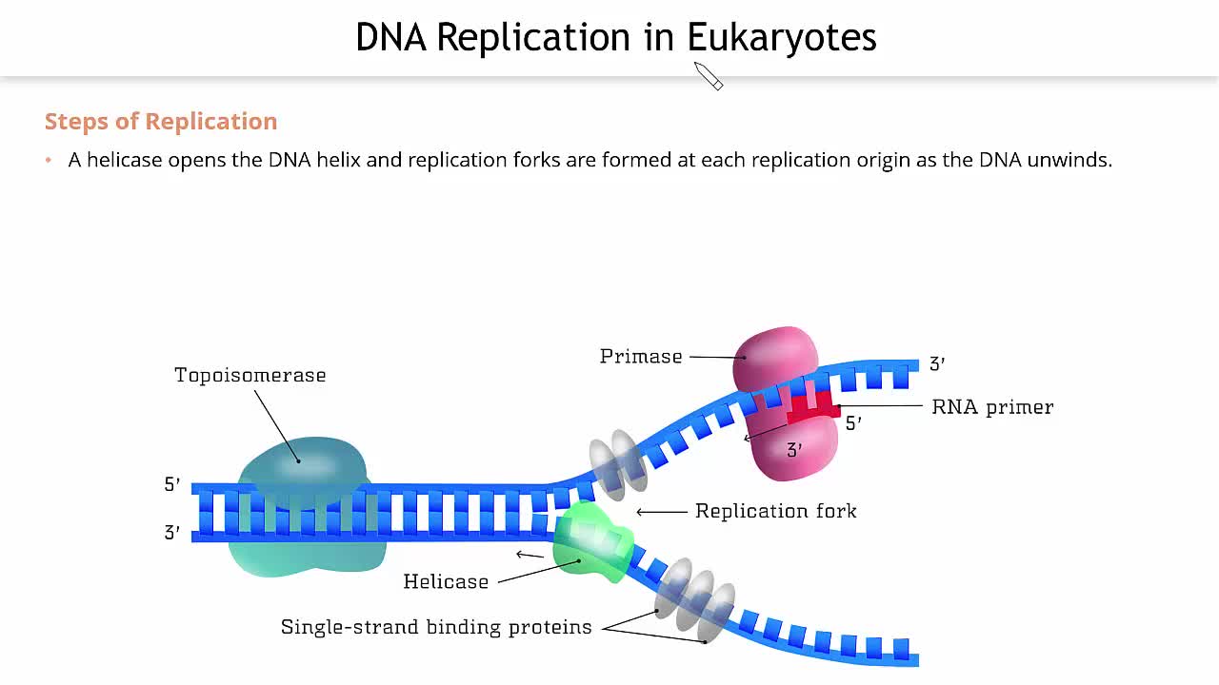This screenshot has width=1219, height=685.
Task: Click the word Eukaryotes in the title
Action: (x=781, y=38)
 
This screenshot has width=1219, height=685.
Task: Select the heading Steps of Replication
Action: (x=161, y=122)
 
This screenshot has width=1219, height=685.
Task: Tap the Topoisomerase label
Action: (x=250, y=375)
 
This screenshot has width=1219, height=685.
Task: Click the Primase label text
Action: (x=641, y=357)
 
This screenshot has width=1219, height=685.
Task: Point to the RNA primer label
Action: (x=992, y=407)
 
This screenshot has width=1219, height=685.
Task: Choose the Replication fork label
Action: (x=775, y=511)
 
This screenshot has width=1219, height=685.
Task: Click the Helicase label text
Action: (x=446, y=581)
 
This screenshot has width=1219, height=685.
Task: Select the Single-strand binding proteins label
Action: (x=436, y=627)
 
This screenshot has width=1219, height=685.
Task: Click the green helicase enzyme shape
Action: (x=590, y=543)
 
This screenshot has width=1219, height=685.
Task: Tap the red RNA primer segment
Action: (x=813, y=410)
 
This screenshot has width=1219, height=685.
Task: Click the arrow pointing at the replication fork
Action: (x=661, y=512)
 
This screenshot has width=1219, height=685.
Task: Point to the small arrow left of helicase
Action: (x=529, y=555)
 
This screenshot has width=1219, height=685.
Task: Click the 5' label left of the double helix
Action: (x=172, y=484)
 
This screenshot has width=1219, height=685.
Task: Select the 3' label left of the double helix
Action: (x=172, y=533)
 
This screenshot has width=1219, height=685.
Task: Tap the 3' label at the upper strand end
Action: (x=937, y=363)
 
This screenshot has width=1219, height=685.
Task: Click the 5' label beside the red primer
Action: (x=854, y=424)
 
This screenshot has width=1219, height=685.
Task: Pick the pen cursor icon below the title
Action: (x=709, y=76)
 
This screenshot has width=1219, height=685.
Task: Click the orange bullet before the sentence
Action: (x=49, y=160)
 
